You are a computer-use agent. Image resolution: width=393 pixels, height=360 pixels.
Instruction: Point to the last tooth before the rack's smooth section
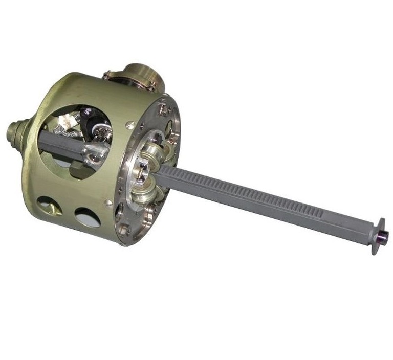pyautogui.click(x=323, y=211)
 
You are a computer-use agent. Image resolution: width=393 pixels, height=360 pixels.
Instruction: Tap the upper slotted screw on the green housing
pyautogui.click(x=130, y=124)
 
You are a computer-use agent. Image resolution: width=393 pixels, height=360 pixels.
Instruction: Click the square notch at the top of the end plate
pyautogui.click(x=163, y=108)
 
